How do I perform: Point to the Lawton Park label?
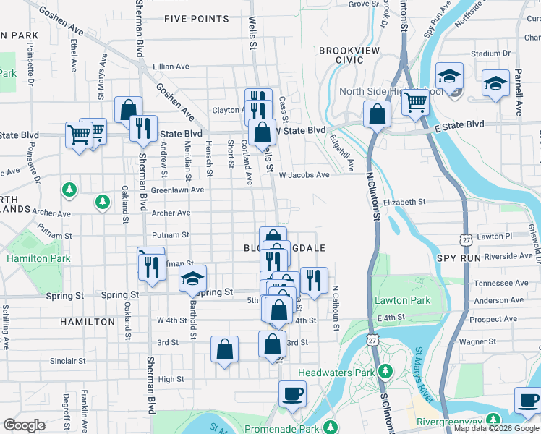point(402,300)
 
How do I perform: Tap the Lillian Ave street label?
point(171,67)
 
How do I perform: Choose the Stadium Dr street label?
point(490,54)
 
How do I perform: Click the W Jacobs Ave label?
point(304,175)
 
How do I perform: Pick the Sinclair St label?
point(67,360)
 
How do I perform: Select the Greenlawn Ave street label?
point(177,190)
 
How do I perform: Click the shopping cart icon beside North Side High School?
point(416,103)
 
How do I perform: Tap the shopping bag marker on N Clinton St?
point(377,114)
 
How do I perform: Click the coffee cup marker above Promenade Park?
point(292,394)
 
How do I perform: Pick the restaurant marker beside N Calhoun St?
point(314,280)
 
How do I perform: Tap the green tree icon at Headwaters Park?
point(385,372)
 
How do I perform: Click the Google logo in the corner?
point(24,425)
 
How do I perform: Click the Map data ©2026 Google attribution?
point(495,428)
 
